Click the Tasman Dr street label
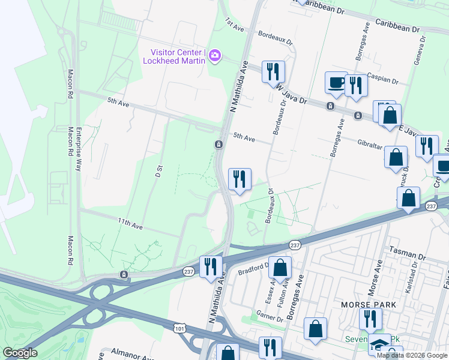tap(407, 248)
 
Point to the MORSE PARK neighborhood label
tap(368, 305)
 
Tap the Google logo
tap(20, 353)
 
